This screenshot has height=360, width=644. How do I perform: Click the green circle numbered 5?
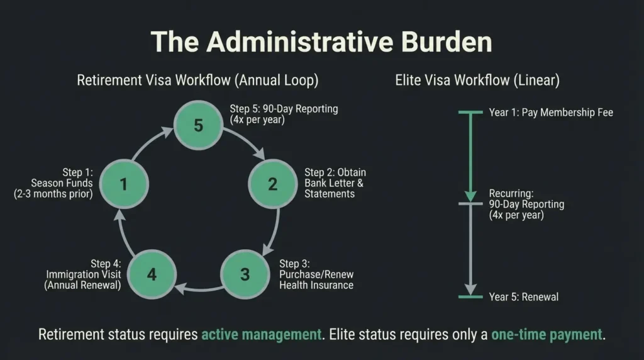pos(198,125)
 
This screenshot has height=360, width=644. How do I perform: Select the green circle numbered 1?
pos(123,184)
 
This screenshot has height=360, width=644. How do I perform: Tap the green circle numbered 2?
pos(272,184)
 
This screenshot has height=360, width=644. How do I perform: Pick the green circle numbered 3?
pos(245,274)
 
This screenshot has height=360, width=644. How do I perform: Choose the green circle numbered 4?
pos(151,274)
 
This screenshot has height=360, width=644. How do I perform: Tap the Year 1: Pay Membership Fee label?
pos(551,113)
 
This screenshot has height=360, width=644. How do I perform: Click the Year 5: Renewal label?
pos(523,296)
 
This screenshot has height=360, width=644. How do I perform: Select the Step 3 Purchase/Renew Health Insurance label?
pos(316,274)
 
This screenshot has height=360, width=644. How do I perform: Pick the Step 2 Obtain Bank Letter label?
pos(335,183)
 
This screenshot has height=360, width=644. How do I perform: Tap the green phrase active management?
pos(261,334)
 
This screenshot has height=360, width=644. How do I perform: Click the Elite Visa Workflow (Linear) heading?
pos(477,81)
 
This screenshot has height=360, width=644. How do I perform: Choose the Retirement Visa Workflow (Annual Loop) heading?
pos(197,81)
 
